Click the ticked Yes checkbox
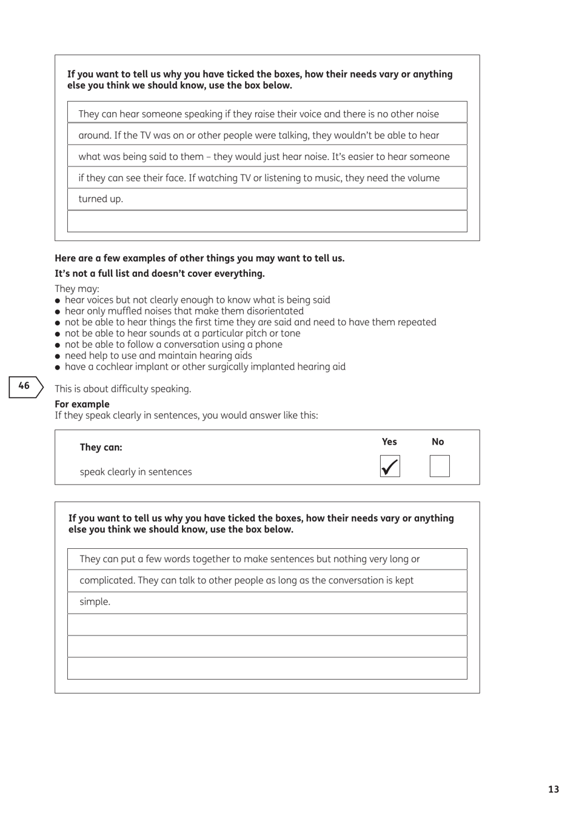click(x=390, y=466)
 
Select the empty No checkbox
click(x=440, y=466)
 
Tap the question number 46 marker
click(x=25, y=387)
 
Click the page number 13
click(x=553, y=789)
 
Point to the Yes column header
click(x=389, y=442)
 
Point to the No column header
click(x=438, y=442)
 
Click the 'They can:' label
click(x=101, y=448)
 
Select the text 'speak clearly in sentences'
click(x=136, y=472)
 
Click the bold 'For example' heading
click(x=82, y=404)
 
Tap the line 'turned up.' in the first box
click(x=101, y=199)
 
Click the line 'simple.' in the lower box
click(x=95, y=602)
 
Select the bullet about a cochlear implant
click(x=205, y=367)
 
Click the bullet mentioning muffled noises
click(x=184, y=311)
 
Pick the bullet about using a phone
click(x=173, y=344)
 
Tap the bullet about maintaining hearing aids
click(x=158, y=356)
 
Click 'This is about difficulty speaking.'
click(x=123, y=389)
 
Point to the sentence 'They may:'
click(x=77, y=289)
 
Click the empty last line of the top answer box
click(x=267, y=221)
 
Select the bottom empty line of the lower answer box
click(x=267, y=668)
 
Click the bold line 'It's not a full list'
click(x=159, y=274)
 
